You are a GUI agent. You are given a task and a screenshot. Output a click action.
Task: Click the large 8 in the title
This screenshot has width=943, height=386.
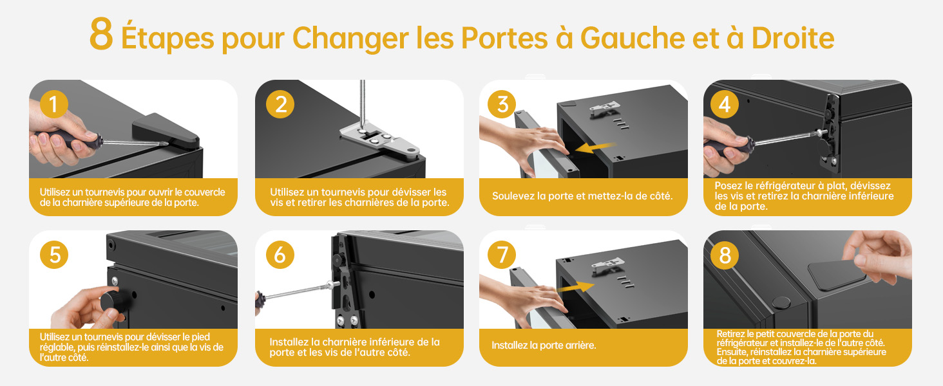tap(102, 35)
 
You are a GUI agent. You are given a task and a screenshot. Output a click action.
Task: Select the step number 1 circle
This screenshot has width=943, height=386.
tap(54, 104)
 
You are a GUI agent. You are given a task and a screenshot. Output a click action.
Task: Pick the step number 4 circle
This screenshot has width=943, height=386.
tap(725, 104)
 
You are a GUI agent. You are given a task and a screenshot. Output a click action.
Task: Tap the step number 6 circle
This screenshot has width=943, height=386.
tap(280, 255)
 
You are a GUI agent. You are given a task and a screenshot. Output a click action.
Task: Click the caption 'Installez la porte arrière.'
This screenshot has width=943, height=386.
tap(544, 345)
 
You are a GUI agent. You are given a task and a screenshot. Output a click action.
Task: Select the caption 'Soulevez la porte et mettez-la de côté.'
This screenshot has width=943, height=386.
tap(582, 196)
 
